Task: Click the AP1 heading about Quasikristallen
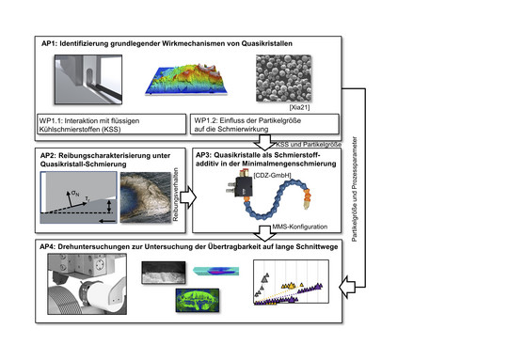click(x=167, y=43)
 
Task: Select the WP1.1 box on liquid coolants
click(x=111, y=124)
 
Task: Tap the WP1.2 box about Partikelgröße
click(x=264, y=124)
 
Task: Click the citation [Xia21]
click(x=299, y=107)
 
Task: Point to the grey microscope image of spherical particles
click(x=283, y=78)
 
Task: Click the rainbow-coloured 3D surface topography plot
click(x=186, y=80)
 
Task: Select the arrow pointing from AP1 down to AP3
click(x=264, y=142)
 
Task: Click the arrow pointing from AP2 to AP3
click(x=188, y=197)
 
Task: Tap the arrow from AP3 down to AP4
click(x=264, y=233)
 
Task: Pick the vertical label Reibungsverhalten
click(x=176, y=195)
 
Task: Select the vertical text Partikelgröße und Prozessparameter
click(x=355, y=189)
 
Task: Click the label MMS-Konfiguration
click(x=299, y=227)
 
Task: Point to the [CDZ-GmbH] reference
click(x=272, y=176)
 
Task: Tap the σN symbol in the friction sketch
click(x=75, y=194)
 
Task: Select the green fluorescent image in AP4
click(x=198, y=301)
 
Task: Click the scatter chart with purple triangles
click(x=291, y=282)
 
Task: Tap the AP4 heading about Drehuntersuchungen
click(x=188, y=247)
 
